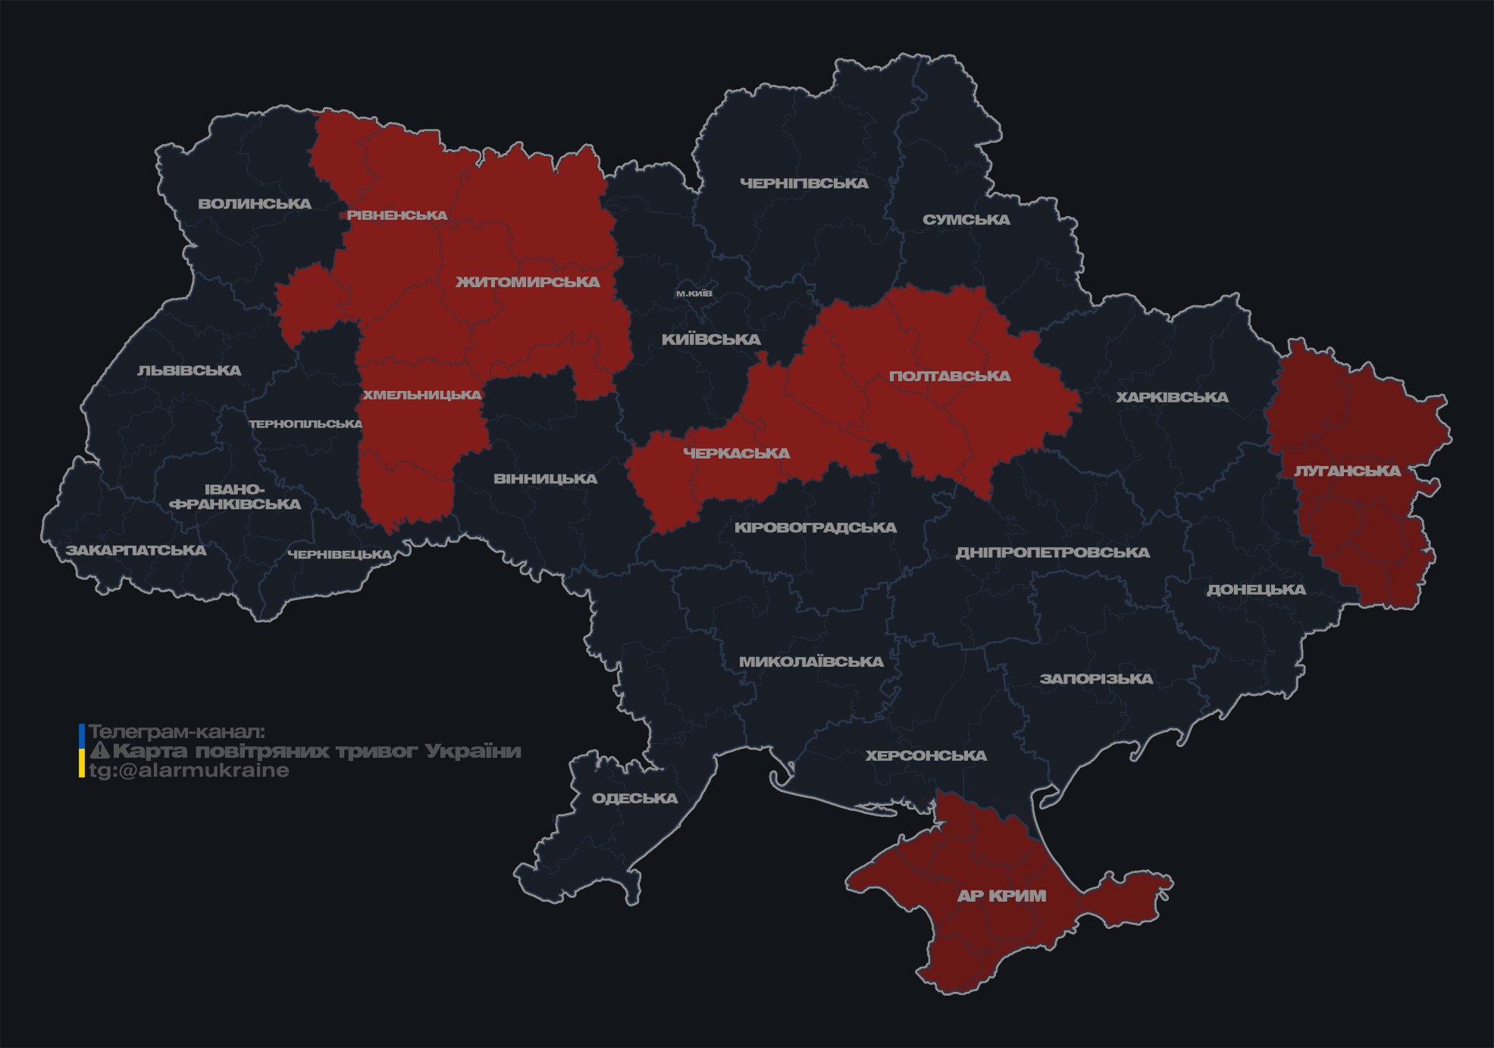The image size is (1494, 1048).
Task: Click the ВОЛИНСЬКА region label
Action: [255, 204]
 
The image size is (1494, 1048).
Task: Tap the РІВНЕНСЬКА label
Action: [397, 215]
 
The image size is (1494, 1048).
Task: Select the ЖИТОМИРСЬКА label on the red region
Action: [528, 282]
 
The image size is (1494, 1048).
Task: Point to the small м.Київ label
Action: [694, 293]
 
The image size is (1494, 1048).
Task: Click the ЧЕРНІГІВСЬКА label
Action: [803, 183]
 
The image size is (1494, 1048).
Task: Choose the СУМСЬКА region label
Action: [966, 220]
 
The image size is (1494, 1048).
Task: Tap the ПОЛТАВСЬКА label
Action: [950, 376]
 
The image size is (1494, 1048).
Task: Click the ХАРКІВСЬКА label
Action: [1172, 397]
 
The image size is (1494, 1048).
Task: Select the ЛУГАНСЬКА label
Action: [1347, 471]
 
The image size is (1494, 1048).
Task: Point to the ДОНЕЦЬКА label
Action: [1256, 590]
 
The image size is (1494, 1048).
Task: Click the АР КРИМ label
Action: [1001, 896]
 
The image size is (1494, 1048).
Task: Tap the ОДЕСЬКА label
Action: [634, 798]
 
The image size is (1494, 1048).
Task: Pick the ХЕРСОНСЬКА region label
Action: [926, 755]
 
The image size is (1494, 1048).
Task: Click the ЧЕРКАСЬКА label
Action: [737, 453]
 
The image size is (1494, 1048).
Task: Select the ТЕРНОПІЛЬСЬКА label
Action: [305, 424]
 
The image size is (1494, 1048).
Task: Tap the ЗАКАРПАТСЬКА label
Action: [136, 550]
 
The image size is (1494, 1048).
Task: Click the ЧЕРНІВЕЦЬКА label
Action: [340, 555]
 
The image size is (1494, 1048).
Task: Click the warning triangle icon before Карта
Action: [100, 751]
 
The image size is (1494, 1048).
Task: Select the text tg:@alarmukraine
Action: [189, 771]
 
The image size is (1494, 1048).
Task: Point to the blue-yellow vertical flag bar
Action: [82, 751]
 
